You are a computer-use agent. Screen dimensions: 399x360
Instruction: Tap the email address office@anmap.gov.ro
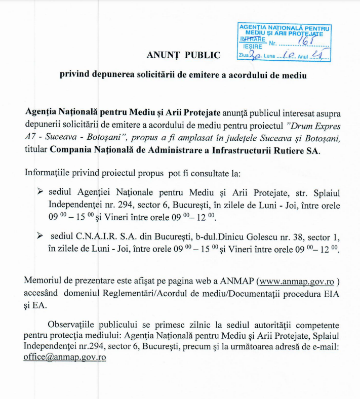coord(64,356)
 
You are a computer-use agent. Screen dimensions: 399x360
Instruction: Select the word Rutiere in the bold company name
coord(289,150)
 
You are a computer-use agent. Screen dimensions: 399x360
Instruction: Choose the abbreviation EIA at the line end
coord(331,294)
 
